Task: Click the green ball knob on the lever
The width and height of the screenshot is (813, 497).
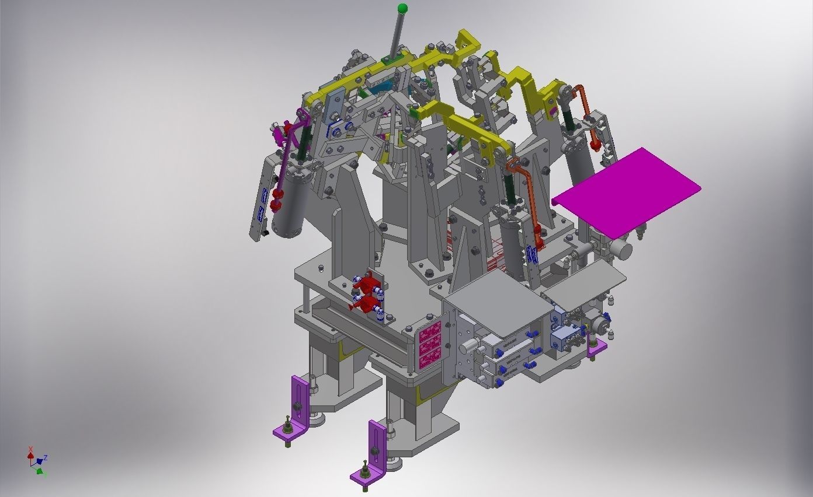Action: click(x=402, y=9)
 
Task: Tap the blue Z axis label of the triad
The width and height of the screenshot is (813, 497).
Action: click(x=46, y=458)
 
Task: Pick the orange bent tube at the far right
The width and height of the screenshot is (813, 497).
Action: click(x=588, y=114)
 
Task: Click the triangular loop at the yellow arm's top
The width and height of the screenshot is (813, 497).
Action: click(x=466, y=41)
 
